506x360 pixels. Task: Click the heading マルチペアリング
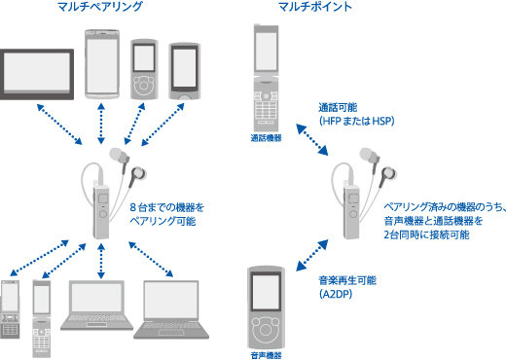point(100,7)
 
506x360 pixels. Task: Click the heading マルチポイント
point(315,7)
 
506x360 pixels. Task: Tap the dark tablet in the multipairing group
point(37,74)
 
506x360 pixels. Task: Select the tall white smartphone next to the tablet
point(102,64)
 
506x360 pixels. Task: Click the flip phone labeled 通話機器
point(266,78)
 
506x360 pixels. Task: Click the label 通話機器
point(266,138)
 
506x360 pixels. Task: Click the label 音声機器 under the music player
point(266,355)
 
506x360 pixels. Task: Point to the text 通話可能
point(338,107)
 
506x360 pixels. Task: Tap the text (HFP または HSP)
point(357,121)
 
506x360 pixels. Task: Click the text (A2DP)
point(336,294)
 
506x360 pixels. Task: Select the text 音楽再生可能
point(347,280)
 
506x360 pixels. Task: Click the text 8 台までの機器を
point(167,207)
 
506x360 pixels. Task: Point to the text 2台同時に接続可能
point(426,234)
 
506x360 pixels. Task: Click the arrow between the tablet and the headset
point(59,125)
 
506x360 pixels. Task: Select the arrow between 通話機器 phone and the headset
point(312,139)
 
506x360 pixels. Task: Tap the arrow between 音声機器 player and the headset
point(312,255)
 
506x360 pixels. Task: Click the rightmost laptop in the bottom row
point(171,309)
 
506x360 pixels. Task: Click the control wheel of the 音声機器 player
point(266,330)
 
